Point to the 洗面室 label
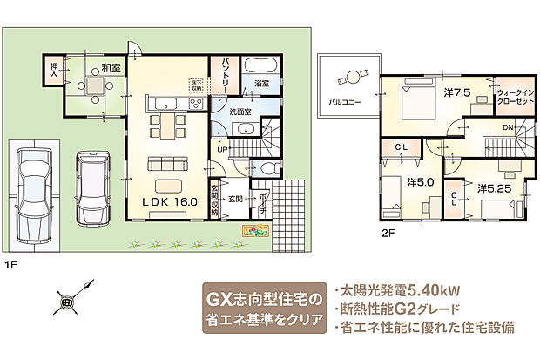240,112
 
